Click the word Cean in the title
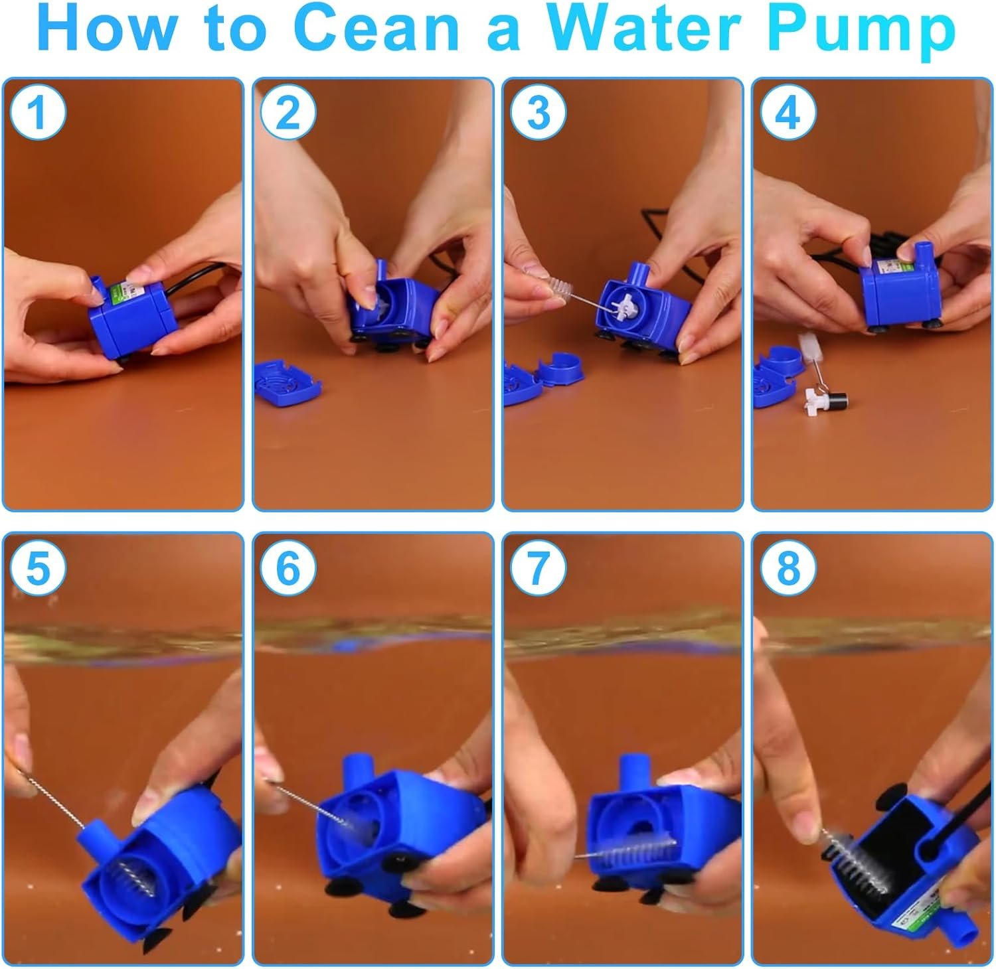(x=376, y=29)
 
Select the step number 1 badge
(x=38, y=113)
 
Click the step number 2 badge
(x=288, y=113)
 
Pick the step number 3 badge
(x=537, y=113)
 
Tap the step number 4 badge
(x=788, y=113)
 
